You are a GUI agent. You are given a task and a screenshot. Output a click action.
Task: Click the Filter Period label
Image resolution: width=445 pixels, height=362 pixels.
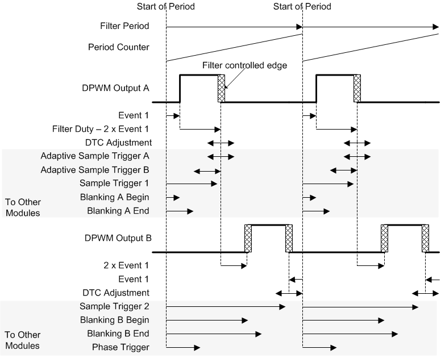[x=124, y=26]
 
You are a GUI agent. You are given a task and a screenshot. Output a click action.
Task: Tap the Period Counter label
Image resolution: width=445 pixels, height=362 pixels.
[x=120, y=47]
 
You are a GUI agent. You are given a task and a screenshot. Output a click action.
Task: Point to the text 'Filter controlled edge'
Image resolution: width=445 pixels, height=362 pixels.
[x=244, y=65]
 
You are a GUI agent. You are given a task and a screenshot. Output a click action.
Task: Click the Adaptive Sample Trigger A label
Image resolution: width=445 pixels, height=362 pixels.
[x=95, y=156]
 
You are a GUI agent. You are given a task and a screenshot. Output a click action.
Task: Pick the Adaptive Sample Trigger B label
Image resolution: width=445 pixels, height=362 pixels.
[x=95, y=169]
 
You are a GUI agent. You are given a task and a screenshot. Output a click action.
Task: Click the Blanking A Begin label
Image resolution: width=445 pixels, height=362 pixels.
[x=118, y=197]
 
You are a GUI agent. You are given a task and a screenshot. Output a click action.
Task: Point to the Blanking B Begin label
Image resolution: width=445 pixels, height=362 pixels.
[x=118, y=320]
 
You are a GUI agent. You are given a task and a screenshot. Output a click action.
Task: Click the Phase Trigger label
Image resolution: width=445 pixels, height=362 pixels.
[x=120, y=347]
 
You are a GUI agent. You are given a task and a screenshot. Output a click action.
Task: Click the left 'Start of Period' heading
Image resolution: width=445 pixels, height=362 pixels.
[x=166, y=7]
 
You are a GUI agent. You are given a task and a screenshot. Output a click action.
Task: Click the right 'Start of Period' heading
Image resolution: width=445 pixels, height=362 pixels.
[x=302, y=7]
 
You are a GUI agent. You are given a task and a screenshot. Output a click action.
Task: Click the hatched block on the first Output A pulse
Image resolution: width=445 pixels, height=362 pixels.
[x=221, y=89]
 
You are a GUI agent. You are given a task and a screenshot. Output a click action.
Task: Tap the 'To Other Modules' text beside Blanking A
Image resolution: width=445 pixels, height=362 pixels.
[x=23, y=207]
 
